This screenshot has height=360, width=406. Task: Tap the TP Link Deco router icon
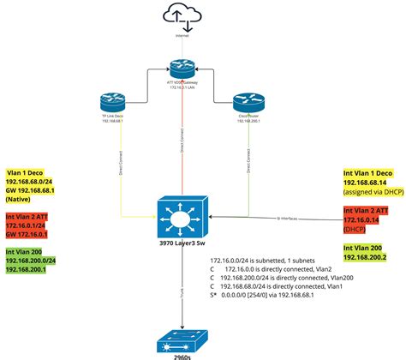112,100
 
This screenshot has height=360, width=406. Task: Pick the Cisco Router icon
245,100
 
